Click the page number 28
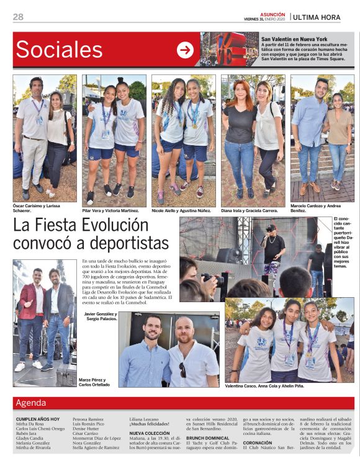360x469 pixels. (x=18, y=17)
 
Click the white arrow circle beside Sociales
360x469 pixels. (x=185, y=50)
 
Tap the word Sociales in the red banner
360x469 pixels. (x=59, y=50)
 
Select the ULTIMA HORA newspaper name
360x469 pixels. (x=317, y=17)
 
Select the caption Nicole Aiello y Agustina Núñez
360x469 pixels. (x=182, y=210)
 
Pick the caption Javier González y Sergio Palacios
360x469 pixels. (x=100, y=316)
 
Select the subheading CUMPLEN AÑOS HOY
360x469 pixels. (x=38, y=419)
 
